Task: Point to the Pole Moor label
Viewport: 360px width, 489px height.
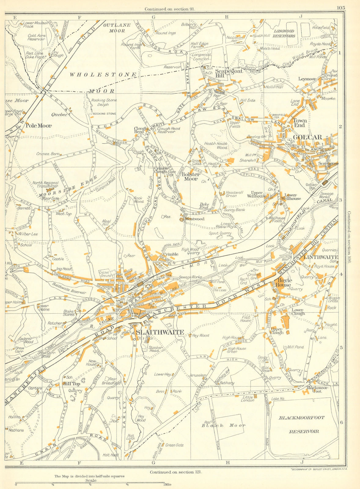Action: point(39,125)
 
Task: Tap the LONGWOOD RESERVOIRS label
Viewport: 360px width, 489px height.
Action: point(284,33)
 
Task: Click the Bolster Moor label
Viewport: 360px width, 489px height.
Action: point(191,177)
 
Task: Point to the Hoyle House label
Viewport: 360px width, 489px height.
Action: point(284,283)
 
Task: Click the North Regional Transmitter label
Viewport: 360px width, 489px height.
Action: point(45,184)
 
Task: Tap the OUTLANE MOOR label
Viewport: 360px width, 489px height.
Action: point(117,28)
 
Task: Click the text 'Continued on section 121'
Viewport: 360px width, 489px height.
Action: point(176,472)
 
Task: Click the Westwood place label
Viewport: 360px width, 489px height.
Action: point(195,219)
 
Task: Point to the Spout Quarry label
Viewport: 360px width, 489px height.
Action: point(221,233)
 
